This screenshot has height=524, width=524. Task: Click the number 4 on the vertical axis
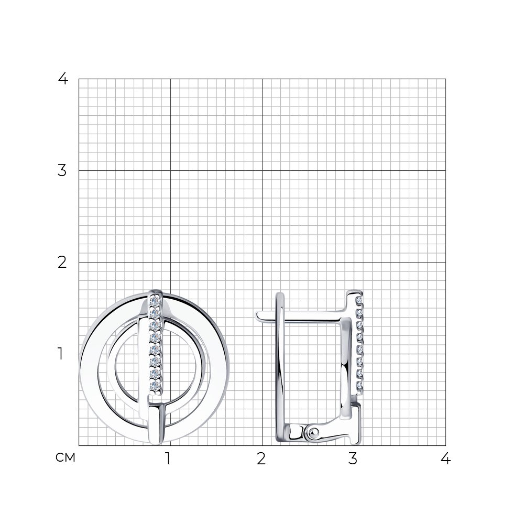click(63, 79)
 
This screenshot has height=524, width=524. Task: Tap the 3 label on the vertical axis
click(62, 170)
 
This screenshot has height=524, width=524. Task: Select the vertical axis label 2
click(62, 263)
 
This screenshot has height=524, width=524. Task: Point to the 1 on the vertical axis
click(60, 354)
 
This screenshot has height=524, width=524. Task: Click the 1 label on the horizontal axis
click(168, 459)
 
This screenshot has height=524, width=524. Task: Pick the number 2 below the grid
click(261, 459)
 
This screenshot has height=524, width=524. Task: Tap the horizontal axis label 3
click(353, 459)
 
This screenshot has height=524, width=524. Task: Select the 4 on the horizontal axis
click(445, 459)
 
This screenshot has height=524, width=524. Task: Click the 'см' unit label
click(65, 457)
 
